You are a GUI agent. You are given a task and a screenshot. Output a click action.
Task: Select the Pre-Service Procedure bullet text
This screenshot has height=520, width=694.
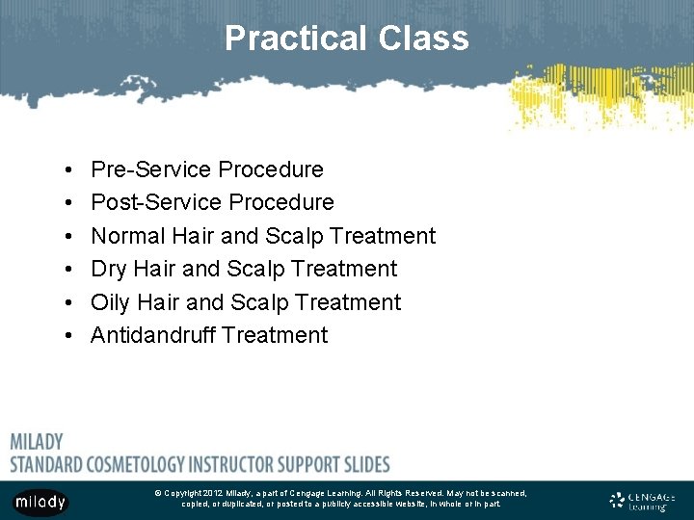pos(206,169)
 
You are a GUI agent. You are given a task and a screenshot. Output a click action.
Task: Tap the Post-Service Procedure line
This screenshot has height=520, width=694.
pos(212,202)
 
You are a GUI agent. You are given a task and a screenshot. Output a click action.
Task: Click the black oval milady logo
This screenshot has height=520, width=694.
pos(40,502)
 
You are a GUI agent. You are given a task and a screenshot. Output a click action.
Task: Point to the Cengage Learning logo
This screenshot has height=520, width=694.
pos(643,500)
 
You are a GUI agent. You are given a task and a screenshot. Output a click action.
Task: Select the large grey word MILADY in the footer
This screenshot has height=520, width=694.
pos(37,442)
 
